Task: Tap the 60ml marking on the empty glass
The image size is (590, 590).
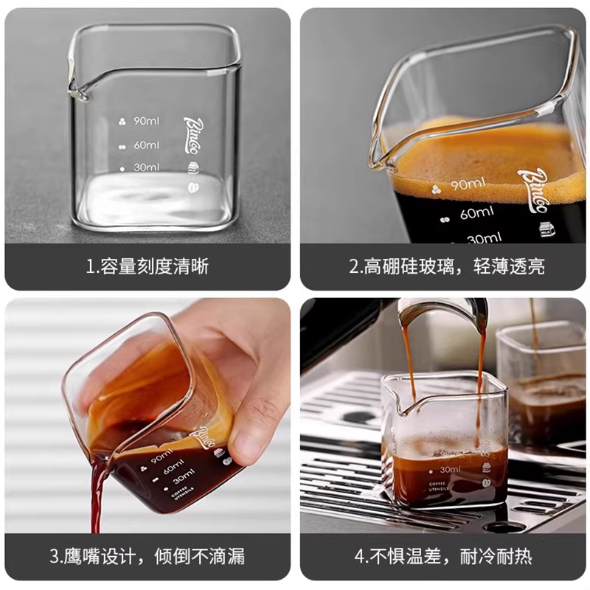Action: pos(146,145)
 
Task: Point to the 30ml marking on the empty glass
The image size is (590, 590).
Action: pos(146,167)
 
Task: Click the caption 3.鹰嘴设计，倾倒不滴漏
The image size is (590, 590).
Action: pos(147,556)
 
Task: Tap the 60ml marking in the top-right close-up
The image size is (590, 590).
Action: pos(476,214)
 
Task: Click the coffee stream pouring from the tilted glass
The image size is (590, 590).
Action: pos(96,494)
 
